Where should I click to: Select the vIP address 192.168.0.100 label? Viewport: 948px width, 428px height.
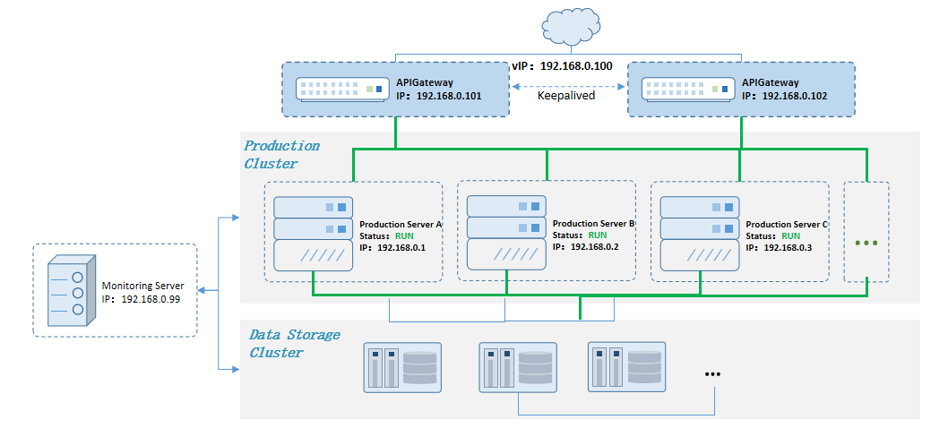(x=562, y=66)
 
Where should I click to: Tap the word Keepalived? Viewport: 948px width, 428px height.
(x=565, y=96)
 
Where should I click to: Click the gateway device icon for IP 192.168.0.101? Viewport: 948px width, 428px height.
(x=343, y=90)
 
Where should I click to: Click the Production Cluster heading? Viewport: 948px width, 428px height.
(x=280, y=154)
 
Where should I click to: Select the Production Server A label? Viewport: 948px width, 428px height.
(x=401, y=224)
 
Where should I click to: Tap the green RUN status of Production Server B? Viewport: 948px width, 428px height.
(x=598, y=235)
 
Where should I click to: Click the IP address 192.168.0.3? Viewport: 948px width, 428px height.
(x=791, y=247)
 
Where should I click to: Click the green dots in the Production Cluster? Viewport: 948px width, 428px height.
(x=866, y=243)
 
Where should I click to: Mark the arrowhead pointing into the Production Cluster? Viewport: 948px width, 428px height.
(x=236, y=217)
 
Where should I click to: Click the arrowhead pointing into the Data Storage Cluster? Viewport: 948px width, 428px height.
(x=236, y=368)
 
